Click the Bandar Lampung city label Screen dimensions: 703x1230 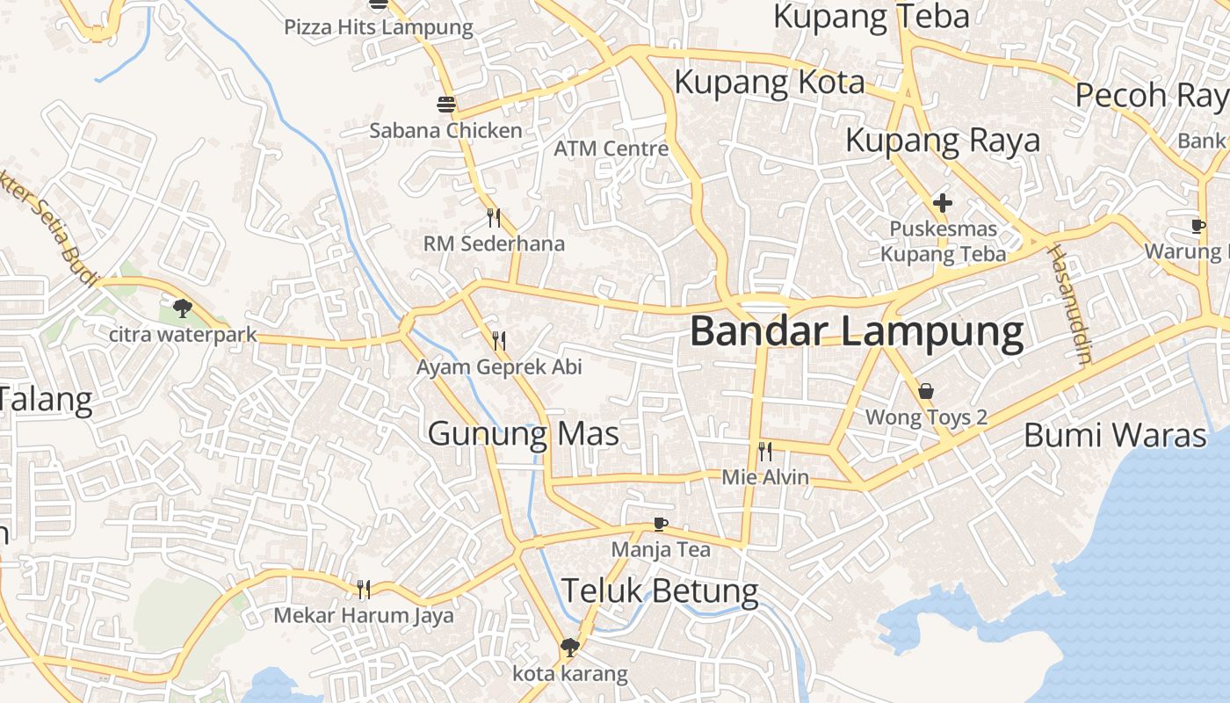coord(857,332)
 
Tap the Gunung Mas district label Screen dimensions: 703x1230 coord(524,434)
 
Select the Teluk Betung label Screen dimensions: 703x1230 coord(660,591)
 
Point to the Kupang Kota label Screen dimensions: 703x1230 coord(770,82)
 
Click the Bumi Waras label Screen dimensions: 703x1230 coord(1115,435)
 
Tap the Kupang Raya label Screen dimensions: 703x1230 coord(943,141)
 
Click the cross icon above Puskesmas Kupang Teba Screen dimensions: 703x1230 coord(943,204)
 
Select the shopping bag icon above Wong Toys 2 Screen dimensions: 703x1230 coord(925,391)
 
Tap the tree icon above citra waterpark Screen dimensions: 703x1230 coord(183,308)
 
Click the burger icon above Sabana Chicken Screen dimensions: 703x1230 coord(446,105)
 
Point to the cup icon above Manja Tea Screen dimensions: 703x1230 coord(661,525)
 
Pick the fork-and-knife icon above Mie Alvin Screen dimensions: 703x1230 coord(765,452)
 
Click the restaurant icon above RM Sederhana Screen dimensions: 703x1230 coord(494,217)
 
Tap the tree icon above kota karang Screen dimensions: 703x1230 coord(569,648)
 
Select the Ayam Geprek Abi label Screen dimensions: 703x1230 coord(499,367)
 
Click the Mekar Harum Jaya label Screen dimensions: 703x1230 coord(364,615)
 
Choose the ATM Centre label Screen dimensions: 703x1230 coord(611,149)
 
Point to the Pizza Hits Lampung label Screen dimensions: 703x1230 coord(379,27)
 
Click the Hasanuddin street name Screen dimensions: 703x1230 coord(1068,304)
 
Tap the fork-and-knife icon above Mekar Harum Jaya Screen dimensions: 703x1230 coord(363,589)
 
